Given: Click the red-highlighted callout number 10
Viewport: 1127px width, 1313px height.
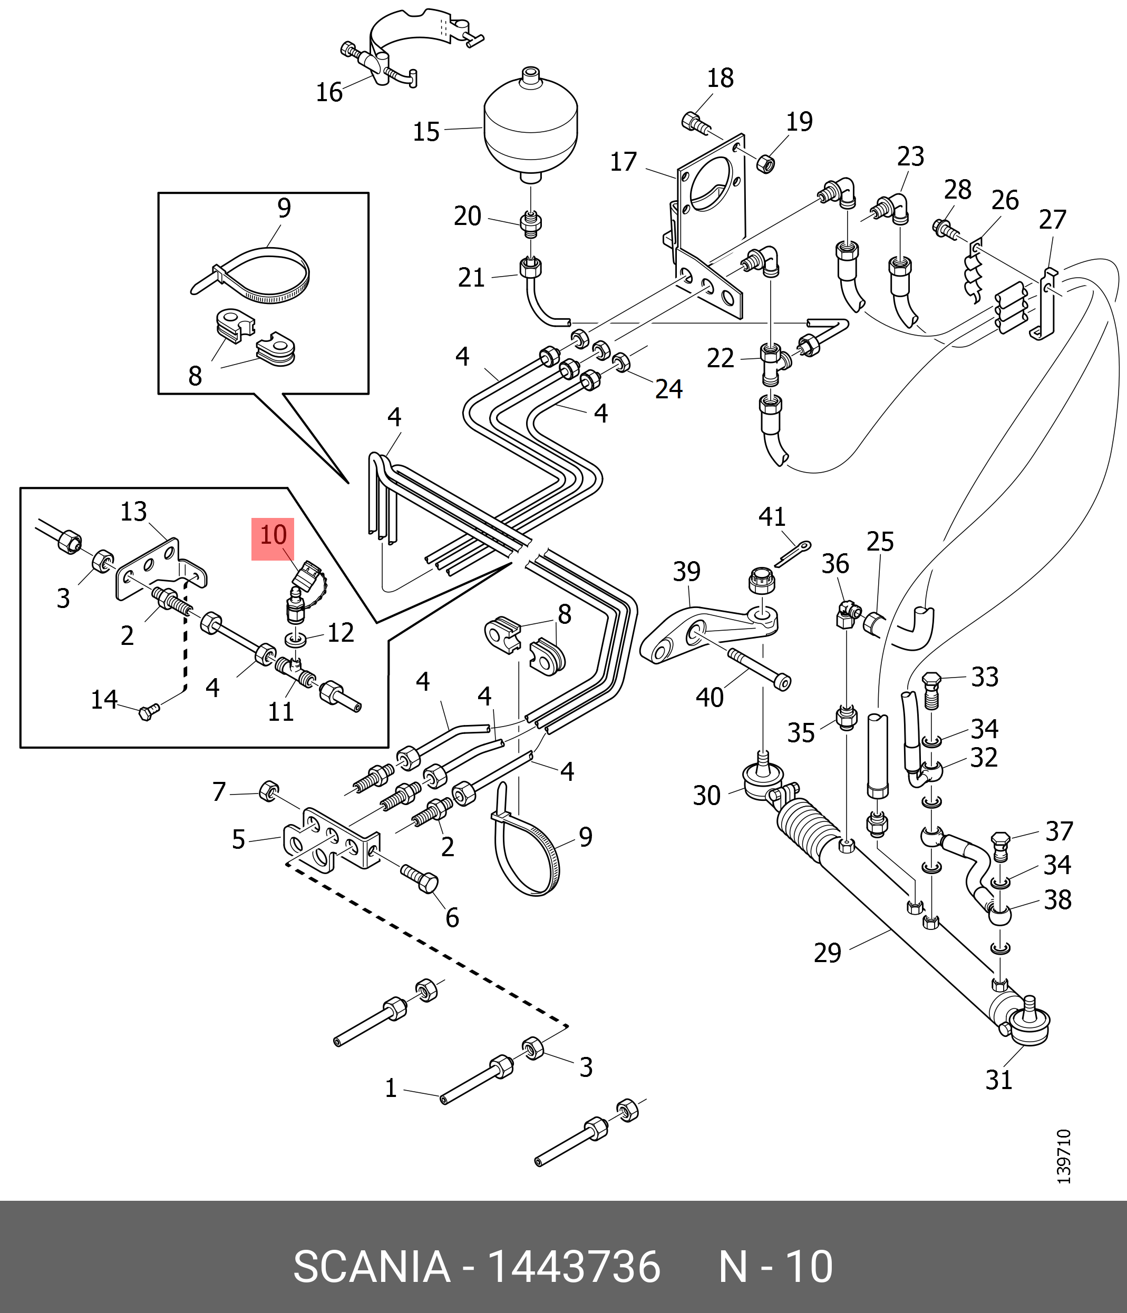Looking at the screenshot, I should (x=273, y=535).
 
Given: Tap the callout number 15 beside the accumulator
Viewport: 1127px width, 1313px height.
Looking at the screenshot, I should (x=426, y=132).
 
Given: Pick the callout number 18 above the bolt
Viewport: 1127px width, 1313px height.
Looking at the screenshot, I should (x=720, y=78).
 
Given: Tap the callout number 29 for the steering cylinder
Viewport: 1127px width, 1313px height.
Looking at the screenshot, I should (x=827, y=953).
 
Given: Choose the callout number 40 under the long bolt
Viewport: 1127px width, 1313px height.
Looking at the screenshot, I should (x=710, y=698).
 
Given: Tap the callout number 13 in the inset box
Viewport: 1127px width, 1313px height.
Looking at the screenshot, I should (x=134, y=512).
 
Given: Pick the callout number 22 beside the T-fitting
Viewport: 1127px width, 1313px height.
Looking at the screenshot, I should (x=720, y=359).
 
